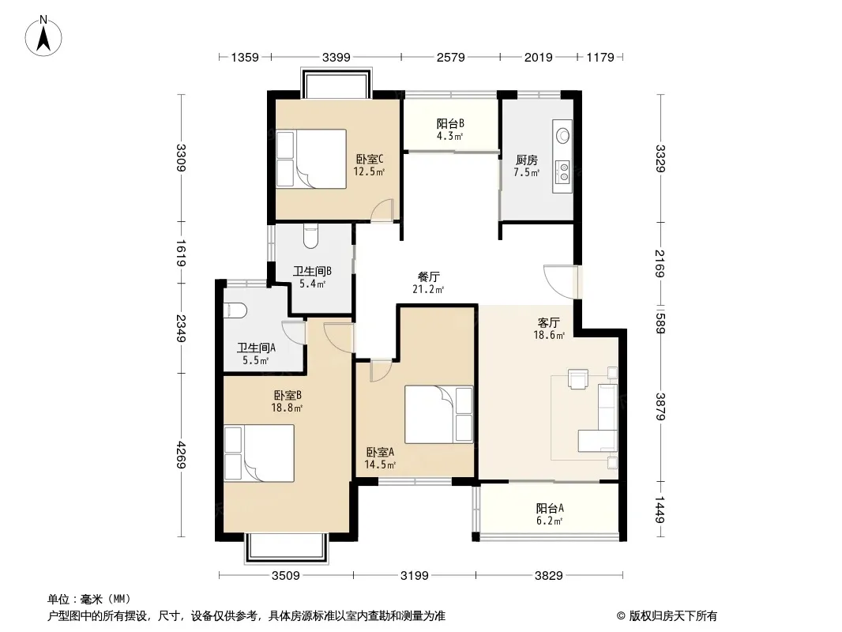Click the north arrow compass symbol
pyautogui.click(x=43, y=36)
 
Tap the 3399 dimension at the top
pyautogui.click(x=336, y=57)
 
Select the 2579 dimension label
pyautogui.click(x=450, y=57)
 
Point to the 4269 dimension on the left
pyautogui.click(x=182, y=454)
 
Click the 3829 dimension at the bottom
pyautogui.click(x=549, y=576)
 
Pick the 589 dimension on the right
pyautogui.click(x=660, y=322)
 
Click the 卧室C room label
pyautogui.click(x=370, y=160)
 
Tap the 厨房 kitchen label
pyautogui.click(x=526, y=160)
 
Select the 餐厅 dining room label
pyautogui.click(x=429, y=277)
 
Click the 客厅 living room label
pyautogui.click(x=549, y=322)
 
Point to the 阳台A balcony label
pyautogui.click(x=549, y=508)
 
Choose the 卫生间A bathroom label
pyautogui.click(x=256, y=348)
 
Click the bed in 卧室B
pyautogui.click(x=259, y=453)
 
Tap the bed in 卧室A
pyautogui.click(x=438, y=414)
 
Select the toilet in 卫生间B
pyautogui.click(x=311, y=235)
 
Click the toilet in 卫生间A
pyautogui.click(x=234, y=310)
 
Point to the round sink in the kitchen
pyautogui.click(x=563, y=134)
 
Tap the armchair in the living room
pyautogui.click(x=578, y=378)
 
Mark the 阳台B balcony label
pyautogui.click(x=450, y=123)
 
